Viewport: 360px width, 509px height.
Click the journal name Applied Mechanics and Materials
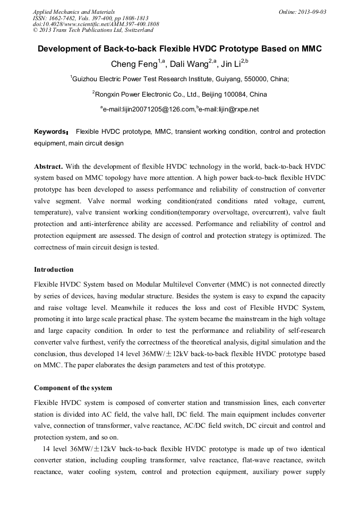click(74, 11)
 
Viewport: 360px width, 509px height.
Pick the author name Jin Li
click(229, 65)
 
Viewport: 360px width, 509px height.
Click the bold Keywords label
click(51, 132)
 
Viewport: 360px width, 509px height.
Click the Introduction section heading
click(54, 270)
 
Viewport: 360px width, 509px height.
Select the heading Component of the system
click(73, 388)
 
